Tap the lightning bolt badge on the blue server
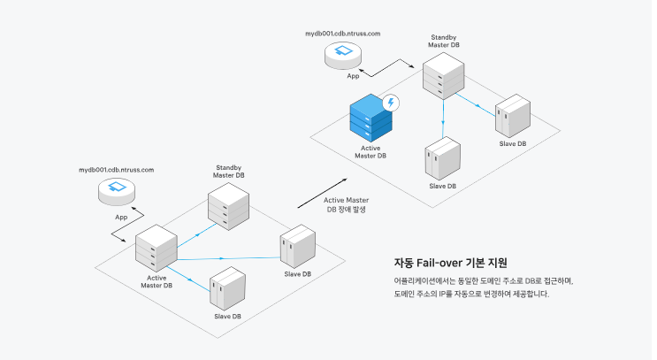coord(389,103)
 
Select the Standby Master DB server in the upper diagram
coord(442,76)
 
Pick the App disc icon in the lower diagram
coord(116,188)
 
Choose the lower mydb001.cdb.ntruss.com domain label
coord(116,169)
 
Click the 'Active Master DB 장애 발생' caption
coord(346,205)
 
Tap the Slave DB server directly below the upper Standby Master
coord(443,159)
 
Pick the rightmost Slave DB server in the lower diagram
coord(297,247)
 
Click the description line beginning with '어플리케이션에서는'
coord(484,280)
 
